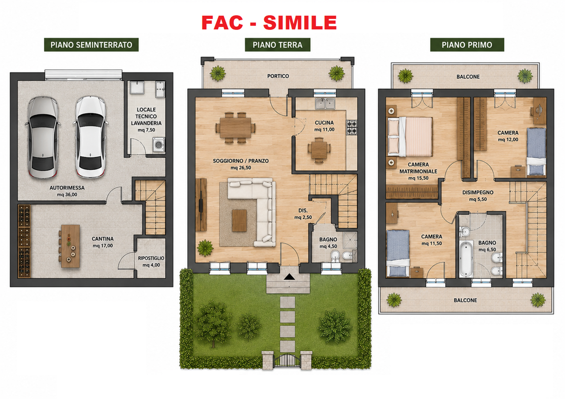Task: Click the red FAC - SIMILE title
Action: tap(269, 23)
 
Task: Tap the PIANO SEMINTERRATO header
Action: tap(91, 45)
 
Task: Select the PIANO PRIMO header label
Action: tap(467, 45)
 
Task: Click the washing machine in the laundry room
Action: tap(158, 144)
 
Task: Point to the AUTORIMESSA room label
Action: tap(67, 188)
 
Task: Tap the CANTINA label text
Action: tap(103, 239)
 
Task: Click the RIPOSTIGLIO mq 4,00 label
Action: tap(151, 262)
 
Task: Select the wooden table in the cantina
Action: tap(70, 246)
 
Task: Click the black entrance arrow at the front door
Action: tap(289, 277)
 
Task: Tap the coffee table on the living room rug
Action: tap(239, 220)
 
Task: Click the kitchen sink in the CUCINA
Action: tap(325, 103)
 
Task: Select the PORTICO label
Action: tap(278, 76)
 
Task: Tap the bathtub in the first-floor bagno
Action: tap(466, 259)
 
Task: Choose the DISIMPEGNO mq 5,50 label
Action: tap(478, 196)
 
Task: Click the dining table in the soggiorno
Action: tap(235, 128)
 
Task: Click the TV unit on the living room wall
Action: tap(201, 205)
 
